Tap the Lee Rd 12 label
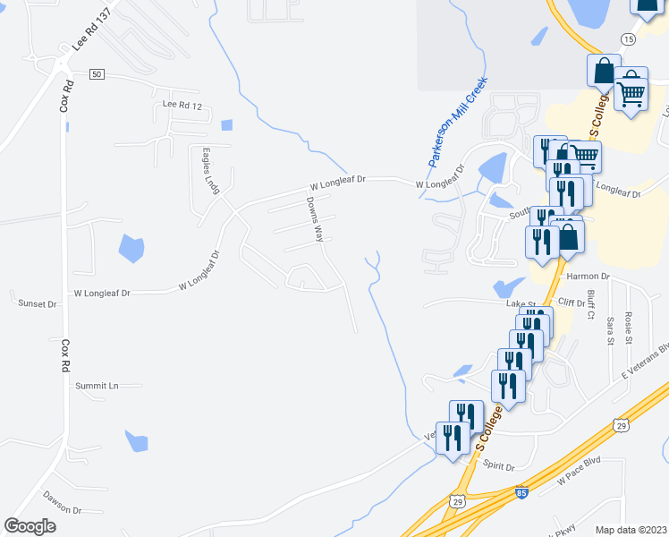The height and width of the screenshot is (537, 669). (x=182, y=106)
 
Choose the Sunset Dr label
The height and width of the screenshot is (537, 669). (x=38, y=304)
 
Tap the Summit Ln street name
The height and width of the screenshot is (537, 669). (x=97, y=386)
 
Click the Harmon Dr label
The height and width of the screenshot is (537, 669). (x=587, y=277)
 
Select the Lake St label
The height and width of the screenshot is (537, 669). (x=519, y=304)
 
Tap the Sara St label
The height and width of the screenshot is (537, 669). (x=610, y=328)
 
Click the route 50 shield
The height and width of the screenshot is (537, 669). (x=97, y=74)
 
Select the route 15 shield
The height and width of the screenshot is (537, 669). (x=628, y=39)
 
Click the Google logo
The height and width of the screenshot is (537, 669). (x=30, y=526)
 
